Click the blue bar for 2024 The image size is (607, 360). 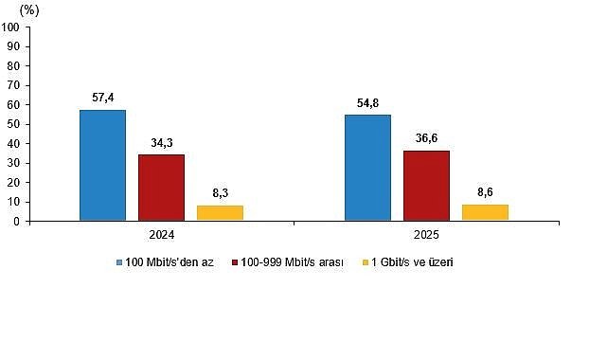click(102, 166)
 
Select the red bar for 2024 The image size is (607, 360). click(161, 188)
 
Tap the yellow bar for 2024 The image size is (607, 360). click(220, 213)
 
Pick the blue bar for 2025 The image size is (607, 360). click(367, 168)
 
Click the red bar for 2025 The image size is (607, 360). click(426, 186)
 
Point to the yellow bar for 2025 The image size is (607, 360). click(485, 212)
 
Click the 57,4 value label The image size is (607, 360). click(102, 98)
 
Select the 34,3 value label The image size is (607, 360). click(161, 143)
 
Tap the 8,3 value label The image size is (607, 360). click(220, 193)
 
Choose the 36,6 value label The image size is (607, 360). click(426, 138)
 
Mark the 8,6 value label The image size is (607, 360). click(485, 192)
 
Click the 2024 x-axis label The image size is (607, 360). click(161, 234)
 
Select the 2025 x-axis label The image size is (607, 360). click(426, 234)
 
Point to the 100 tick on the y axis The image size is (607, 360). click(11, 27)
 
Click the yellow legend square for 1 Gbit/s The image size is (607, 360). click(366, 261)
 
